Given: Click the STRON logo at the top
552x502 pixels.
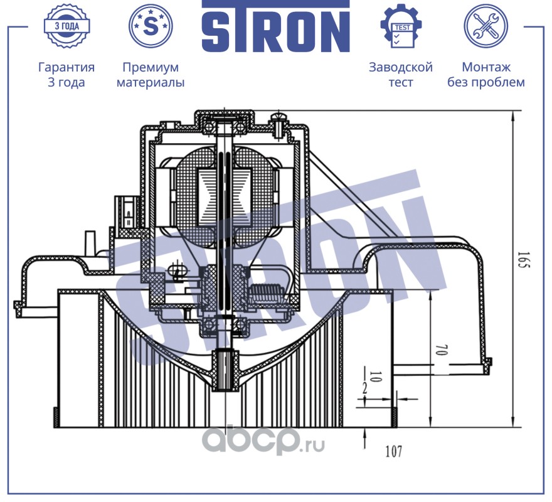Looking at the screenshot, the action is [x=275, y=26].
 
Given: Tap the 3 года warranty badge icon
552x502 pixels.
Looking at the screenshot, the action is [x=66, y=26].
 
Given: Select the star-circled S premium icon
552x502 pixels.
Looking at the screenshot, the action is [x=150, y=26].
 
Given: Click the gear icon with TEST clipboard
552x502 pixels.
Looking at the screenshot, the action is [x=401, y=26].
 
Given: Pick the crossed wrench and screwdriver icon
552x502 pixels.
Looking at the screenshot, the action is [x=485, y=26].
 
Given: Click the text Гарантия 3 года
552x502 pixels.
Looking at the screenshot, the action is [x=66, y=75].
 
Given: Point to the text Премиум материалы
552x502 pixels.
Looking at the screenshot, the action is [x=151, y=75].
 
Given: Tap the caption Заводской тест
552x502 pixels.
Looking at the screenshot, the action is [x=401, y=75].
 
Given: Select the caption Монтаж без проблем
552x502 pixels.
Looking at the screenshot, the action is [x=486, y=75].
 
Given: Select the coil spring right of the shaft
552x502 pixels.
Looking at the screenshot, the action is [x=267, y=292].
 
